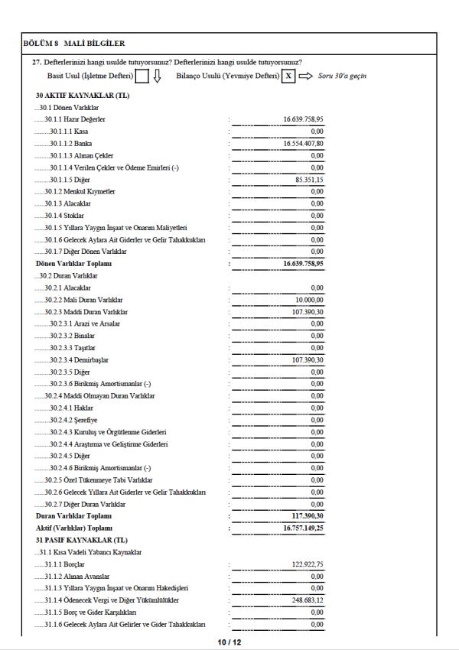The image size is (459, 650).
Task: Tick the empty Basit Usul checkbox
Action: click(142, 76)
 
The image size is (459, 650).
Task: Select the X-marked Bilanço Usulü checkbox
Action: click(288, 76)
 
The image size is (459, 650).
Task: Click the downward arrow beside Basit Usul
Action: click(157, 76)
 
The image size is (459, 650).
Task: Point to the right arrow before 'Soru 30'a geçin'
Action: click(306, 76)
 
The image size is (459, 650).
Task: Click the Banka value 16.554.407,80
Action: click(303, 143)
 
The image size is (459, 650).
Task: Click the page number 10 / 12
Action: click(229, 642)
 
